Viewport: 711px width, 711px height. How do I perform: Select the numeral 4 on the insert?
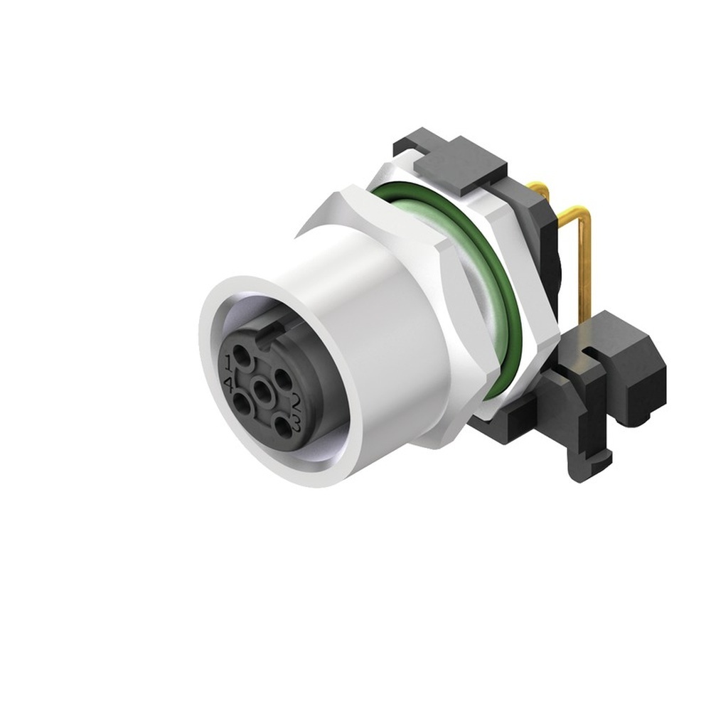tap(229, 383)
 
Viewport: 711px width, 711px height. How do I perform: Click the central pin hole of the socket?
tap(264, 390)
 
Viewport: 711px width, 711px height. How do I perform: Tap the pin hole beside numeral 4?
tap(242, 405)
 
